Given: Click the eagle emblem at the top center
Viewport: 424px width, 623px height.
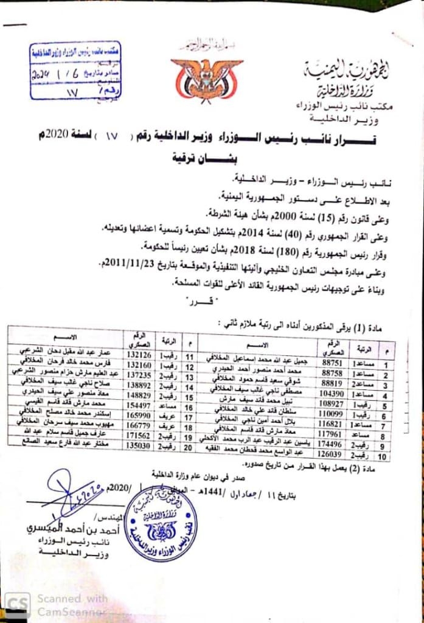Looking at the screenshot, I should point(207,77).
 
